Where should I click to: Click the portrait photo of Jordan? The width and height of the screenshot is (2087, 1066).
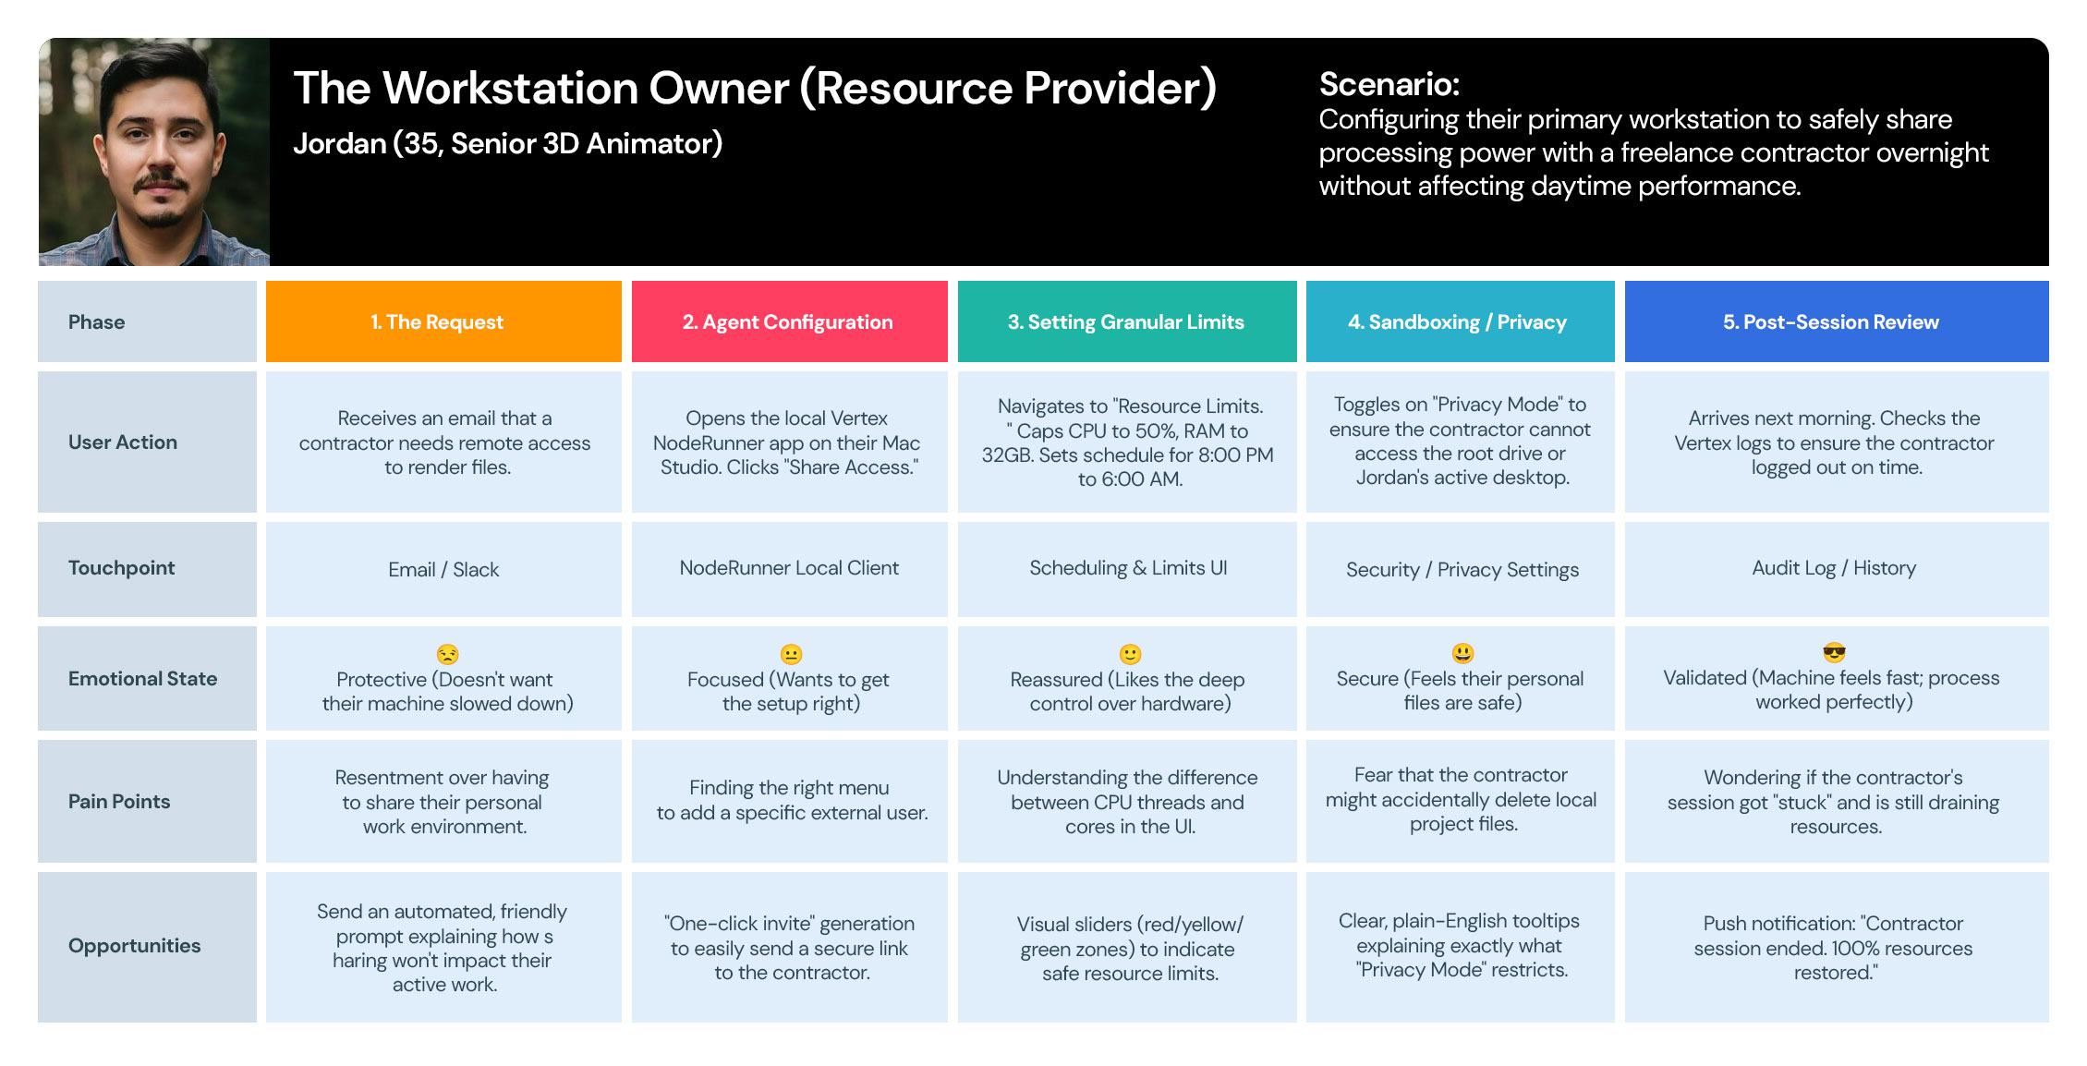click(x=154, y=152)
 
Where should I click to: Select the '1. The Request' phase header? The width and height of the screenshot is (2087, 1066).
click(x=443, y=321)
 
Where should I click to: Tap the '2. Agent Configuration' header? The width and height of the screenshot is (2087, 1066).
click(x=789, y=321)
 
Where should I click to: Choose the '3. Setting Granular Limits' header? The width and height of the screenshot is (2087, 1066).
click(x=1127, y=321)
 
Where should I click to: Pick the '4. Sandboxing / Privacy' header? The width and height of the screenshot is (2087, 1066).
click(x=1460, y=321)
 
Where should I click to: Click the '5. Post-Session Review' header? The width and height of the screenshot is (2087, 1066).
click(x=1837, y=321)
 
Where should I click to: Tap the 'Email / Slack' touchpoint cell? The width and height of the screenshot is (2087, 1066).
click(x=443, y=569)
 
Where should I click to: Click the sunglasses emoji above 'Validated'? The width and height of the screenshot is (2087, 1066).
click(x=1835, y=653)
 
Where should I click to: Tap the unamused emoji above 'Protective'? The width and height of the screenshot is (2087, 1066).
click(x=447, y=654)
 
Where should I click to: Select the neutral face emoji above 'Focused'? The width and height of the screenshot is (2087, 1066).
click(x=791, y=654)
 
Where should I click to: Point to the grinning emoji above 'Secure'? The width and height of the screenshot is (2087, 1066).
click(x=1462, y=653)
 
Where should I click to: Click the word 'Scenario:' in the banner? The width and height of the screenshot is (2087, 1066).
click(x=1389, y=84)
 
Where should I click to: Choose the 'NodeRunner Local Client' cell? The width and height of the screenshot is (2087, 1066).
click(x=789, y=569)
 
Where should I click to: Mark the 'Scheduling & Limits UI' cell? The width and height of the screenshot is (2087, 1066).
click(x=1127, y=569)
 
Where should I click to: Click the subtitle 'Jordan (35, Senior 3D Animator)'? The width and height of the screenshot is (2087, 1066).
click(x=508, y=144)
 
